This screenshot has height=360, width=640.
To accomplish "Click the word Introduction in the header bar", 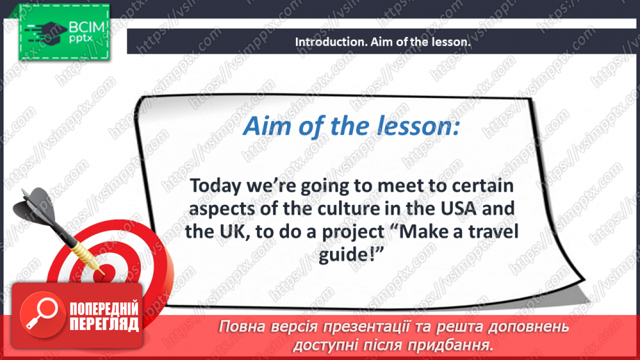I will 326,42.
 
